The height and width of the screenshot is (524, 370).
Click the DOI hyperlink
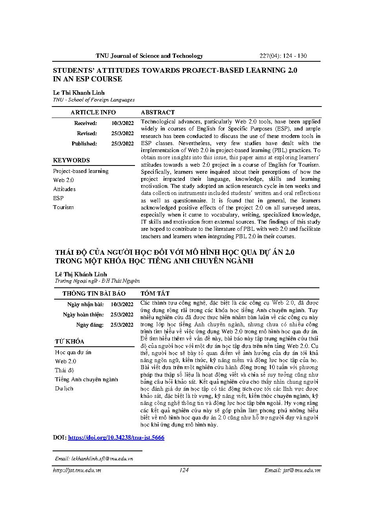coord(116,438)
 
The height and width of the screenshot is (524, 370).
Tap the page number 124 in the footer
coord(184,470)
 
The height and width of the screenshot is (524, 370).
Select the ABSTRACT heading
coord(158,112)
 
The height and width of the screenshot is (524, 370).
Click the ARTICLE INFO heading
coord(93,112)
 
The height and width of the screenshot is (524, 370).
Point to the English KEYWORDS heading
coord(71,160)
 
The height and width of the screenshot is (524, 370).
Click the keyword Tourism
coord(63,207)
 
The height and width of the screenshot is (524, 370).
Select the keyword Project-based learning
coord(81,171)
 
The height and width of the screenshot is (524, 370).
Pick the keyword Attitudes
coord(64,189)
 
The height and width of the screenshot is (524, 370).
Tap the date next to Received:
coord(122,123)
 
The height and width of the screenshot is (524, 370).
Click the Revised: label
coord(87,133)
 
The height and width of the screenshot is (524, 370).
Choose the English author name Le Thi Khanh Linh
coord(79,93)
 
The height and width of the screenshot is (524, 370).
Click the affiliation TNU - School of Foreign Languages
coord(94,100)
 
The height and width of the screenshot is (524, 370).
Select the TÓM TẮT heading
coord(155,294)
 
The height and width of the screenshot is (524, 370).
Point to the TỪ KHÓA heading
coord(69,342)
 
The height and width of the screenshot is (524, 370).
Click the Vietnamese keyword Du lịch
coord(64,388)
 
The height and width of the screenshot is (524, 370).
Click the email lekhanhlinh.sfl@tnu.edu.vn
coord(94,458)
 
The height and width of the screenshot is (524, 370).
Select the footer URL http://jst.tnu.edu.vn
coord(77,470)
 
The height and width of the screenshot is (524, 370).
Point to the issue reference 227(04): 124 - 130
coord(283,56)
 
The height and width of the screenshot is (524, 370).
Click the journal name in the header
coord(149,56)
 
